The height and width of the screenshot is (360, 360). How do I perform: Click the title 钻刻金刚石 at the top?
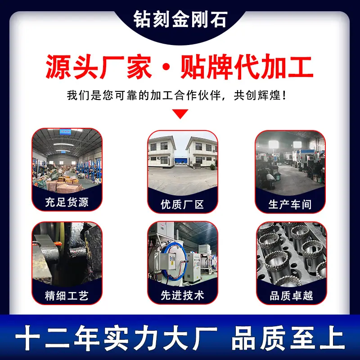180,19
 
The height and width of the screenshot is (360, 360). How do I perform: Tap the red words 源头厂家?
99,67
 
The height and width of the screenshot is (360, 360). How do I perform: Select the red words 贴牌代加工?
247,67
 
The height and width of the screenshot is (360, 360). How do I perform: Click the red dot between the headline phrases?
166,67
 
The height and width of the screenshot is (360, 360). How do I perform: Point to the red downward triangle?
180,113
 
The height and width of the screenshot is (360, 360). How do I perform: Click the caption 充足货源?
67,202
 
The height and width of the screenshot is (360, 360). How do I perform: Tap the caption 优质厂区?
182,204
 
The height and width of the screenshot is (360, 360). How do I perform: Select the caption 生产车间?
290,204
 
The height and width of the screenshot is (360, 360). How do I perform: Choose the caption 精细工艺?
67,296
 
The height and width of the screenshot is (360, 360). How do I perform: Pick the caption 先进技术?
182,296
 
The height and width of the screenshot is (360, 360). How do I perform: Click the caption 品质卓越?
291,296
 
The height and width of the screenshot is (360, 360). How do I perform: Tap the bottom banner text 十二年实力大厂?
116,337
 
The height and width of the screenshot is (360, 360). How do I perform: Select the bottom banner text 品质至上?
288,337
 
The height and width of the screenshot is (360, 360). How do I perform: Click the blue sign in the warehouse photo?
65,132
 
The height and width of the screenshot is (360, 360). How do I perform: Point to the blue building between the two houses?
181,161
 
